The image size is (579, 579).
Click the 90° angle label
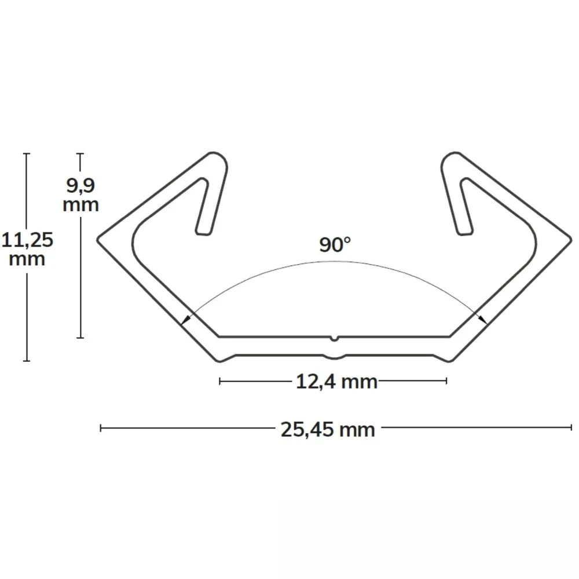pos(335,245)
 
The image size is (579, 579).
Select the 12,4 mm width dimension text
pos(337,382)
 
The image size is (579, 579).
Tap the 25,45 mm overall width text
pos(328,430)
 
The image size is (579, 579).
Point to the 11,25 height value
pos(27,240)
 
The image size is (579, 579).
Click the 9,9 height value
pos(80,186)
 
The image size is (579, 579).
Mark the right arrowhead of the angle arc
pos(482,320)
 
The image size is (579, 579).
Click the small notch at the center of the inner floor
pos(334,338)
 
